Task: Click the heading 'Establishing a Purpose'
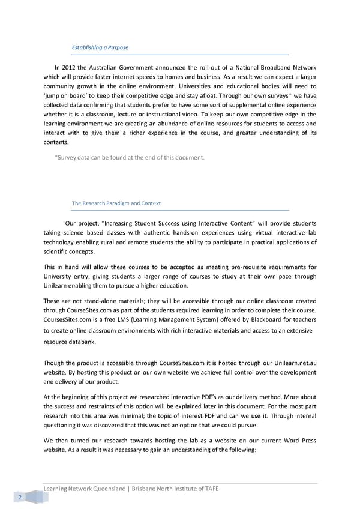click(100, 47)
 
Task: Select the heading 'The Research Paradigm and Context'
click(116, 203)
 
